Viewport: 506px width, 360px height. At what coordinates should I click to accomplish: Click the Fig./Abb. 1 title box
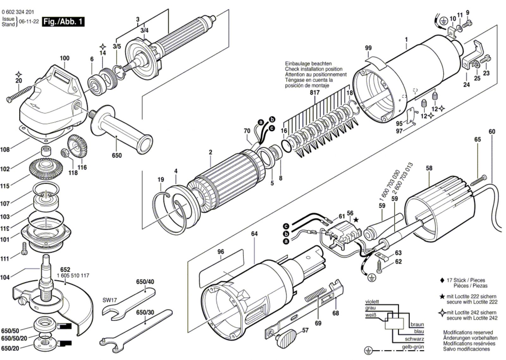[x=63, y=22]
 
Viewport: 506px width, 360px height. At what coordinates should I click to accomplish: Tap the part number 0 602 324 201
[x=18, y=12]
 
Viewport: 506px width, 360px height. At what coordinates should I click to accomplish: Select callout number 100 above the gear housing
[x=65, y=58]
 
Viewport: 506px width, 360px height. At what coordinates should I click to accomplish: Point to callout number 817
[x=315, y=92]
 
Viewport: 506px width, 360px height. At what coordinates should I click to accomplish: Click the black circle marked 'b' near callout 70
[x=272, y=119]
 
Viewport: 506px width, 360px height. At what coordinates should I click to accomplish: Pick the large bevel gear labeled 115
[x=46, y=168]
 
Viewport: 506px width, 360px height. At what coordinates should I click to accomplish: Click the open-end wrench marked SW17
[x=128, y=303]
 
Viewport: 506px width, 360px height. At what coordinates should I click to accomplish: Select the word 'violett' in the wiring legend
[x=372, y=302]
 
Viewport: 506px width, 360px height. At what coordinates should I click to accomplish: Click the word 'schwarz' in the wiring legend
[x=414, y=339]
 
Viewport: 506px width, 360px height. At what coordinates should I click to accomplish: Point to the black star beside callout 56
[x=356, y=220]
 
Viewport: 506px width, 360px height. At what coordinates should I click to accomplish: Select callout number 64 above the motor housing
[x=254, y=234]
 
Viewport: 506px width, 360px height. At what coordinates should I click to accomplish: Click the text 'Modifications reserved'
[x=468, y=332]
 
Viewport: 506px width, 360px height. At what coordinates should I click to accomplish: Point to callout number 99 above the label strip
[x=368, y=48]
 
